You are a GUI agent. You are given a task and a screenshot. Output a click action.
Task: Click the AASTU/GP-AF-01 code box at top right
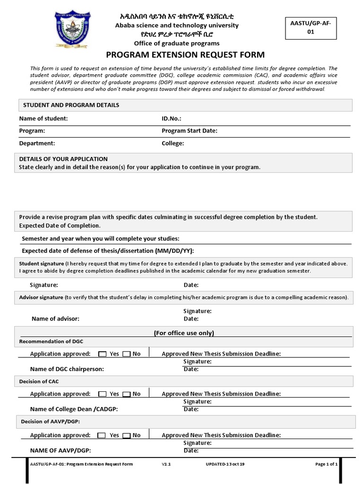[x=310, y=27]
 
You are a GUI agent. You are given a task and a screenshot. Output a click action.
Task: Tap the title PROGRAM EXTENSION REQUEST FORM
[x=185, y=55]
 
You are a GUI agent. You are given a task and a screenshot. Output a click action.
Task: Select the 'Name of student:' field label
[x=43, y=119]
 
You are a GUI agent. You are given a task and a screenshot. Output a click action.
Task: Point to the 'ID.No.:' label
[x=172, y=119]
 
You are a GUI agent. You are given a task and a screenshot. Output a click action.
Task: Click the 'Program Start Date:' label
[x=190, y=131]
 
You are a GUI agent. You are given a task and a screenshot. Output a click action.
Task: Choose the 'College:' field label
[x=173, y=143]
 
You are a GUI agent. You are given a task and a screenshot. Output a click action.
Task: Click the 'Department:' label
[x=37, y=143]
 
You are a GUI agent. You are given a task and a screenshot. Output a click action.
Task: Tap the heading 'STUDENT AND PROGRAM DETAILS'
[x=71, y=105]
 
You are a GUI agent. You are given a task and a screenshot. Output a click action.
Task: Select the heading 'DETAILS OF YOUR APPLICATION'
[x=63, y=159]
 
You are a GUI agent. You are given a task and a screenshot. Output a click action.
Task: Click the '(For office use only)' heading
[x=184, y=333]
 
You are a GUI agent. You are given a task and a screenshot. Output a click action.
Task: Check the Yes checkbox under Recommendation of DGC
[x=102, y=354]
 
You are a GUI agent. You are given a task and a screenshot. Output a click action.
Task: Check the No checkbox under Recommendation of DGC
[x=127, y=354]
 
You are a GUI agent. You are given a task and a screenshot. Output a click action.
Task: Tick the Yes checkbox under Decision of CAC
[x=102, y=394]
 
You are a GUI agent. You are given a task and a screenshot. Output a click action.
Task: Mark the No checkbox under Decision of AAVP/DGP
[x=127, y=436]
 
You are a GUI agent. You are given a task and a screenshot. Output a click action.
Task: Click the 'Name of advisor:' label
[x=55, y=319]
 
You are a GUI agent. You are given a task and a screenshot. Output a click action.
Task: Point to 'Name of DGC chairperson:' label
[x=67, y=369]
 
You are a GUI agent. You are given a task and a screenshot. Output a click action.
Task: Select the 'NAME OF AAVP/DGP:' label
[x=60, y=450]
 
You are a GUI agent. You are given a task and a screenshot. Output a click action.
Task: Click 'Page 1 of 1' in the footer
[x=326, y=464]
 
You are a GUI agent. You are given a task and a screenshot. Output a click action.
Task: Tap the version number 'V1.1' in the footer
[x=166, y=464]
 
